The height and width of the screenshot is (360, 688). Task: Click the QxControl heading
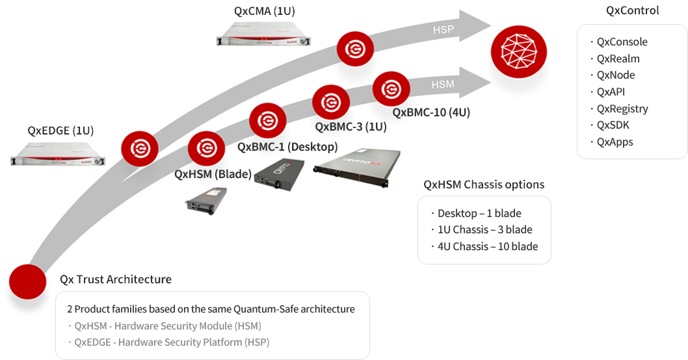coord(632,10)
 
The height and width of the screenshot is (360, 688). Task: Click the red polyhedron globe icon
coord(519,52)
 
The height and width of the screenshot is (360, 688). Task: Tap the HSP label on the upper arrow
coord(443,29)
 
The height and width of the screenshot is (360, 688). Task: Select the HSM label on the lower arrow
coord(443,84)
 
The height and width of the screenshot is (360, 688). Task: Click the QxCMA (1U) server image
coord(264,34)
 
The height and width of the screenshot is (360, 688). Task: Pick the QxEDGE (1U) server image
coord(58,155)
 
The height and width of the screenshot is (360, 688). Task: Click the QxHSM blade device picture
coord(206,200)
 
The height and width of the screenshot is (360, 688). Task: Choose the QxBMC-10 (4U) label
coord(431,112)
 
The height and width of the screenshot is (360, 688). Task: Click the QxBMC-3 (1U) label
coord(351,127)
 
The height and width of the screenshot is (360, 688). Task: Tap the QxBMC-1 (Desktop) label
coord(287,147)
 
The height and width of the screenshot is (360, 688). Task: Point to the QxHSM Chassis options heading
coord(484,185)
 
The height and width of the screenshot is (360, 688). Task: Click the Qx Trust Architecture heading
coord(116,279)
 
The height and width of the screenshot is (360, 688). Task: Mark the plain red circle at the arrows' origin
coord(28,282)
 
